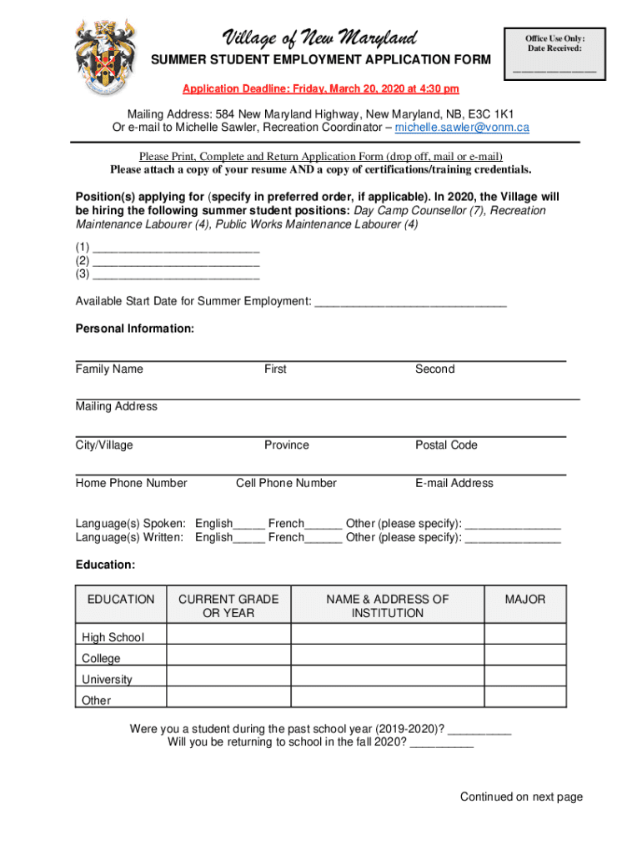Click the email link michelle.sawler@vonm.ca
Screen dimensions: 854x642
pos(462,128)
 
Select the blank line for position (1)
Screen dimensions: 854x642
pos(177,248)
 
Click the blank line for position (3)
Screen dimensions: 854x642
pos(177,274)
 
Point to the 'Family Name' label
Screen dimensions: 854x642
pos(109,369)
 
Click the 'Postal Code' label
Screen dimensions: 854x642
pos(446,445)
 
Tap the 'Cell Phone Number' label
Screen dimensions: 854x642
pos(286,484)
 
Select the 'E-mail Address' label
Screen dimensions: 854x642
pos(454,484)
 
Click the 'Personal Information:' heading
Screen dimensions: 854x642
pos(135,329)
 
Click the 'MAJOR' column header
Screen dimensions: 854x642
pos(524,600)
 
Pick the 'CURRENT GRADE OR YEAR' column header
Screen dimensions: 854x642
pos(228,606)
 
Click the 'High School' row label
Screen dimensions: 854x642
pos(113,638)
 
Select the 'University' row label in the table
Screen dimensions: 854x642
pos(107,680)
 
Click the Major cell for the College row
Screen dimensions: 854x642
pos(524,658)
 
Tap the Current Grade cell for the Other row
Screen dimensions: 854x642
pos(228,699)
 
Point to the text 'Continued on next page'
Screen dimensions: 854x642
pos(521,797)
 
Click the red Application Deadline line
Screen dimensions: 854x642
pos(321,89)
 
